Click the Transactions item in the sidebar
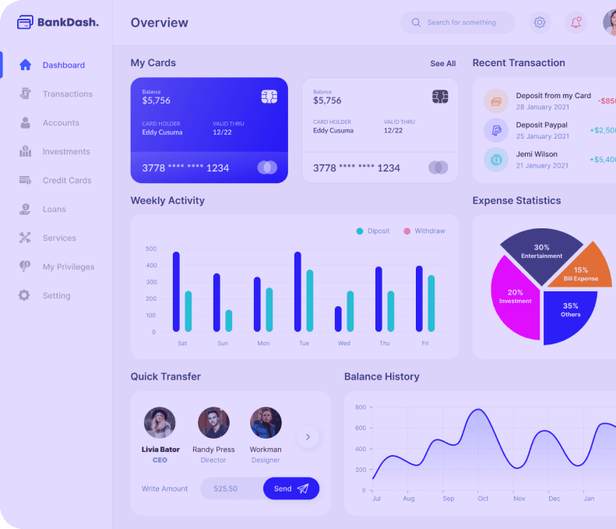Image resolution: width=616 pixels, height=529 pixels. point(67,94)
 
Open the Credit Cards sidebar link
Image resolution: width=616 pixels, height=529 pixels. point(66,181)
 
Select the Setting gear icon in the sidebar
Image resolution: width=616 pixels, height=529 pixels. point(25,296)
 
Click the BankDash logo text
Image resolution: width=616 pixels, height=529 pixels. point(67,23)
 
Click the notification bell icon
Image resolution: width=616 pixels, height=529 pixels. point(576,23)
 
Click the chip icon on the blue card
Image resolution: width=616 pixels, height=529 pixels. point(269,97)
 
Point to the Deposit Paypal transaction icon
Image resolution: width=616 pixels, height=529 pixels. point(495,130)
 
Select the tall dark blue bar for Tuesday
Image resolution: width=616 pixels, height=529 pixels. point(297,291)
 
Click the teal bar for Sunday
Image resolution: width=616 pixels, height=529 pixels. point(229,320)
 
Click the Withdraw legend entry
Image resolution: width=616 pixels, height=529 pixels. point(424,231)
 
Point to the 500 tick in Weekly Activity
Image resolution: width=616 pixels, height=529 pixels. point(151,249)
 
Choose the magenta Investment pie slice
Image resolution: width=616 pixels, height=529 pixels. point(515,297)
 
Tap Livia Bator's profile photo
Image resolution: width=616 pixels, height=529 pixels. point(160,423)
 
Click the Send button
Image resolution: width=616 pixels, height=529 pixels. point(290,488)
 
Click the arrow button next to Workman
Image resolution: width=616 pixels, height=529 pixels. point(308,437)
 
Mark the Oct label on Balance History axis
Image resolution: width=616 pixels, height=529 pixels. point(483,499)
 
